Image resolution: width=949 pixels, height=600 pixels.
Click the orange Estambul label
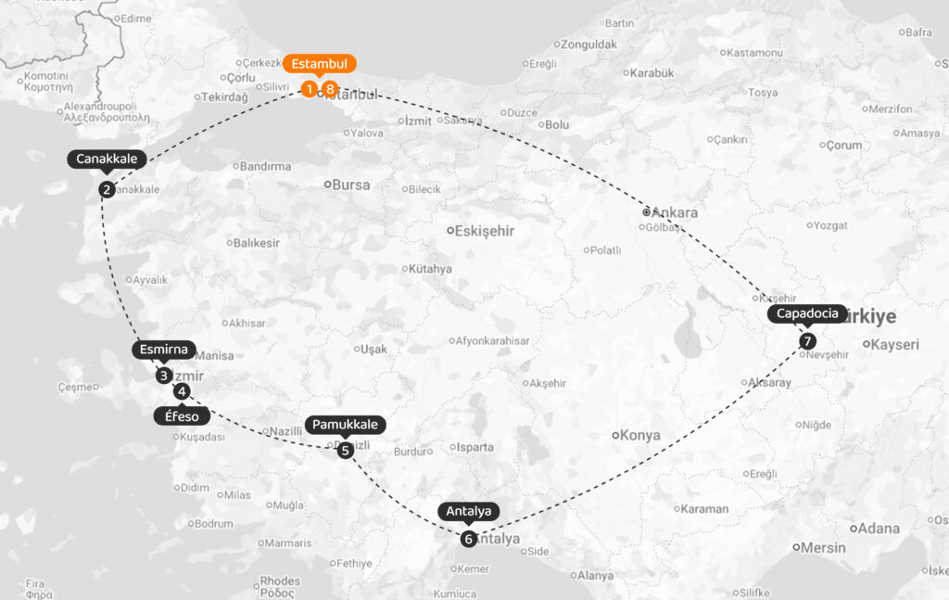[319, 64]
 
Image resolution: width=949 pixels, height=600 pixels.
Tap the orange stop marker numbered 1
[309, 89]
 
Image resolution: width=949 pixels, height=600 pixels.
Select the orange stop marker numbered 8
[330, 89]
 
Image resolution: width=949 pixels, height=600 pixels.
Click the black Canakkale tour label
[107, 159]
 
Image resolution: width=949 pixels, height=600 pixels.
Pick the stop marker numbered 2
[107, 190]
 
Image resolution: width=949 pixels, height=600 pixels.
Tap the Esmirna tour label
[164, 350]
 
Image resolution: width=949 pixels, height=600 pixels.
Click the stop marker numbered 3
[164, 376]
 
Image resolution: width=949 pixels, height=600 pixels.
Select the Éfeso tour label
[183, 416]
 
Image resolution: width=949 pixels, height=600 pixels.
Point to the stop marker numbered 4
[183, 391]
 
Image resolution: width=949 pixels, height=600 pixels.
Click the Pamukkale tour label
[345, 424]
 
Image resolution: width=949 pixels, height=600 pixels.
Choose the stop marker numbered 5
[345, 451]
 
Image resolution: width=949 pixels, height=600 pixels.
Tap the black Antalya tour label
[469, 511]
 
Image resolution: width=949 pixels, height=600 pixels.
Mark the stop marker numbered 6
[469, 538]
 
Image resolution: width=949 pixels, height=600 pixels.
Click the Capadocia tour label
[808, 313]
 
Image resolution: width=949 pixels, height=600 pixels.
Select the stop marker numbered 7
[808, 340]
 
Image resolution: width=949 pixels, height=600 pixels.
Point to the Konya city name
[640, 435]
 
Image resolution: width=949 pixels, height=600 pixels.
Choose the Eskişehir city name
[486, 231]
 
